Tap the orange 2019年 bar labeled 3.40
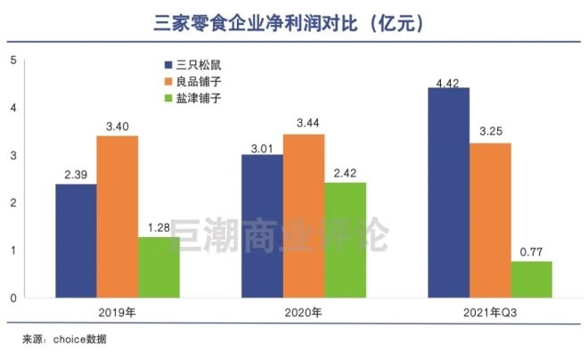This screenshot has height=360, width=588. pyautogui.click(x=118, y=217)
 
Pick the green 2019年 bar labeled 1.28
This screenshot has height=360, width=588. pyautogui.click(x=158, y=266)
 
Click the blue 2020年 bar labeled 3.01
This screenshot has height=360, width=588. pyautogui.click(x=262, y=226)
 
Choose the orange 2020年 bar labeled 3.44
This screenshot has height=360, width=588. pyautogui.click(x=303, y=216)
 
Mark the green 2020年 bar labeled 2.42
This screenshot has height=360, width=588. pyautogui.click(x=345, y=240)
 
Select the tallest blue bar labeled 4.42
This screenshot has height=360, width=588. pyautogui.click(x=448, y=192)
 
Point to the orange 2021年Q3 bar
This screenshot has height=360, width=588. pyautogui.click(x=490, y=220)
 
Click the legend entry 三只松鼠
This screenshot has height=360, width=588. pyautogui.click(x=197, y=64)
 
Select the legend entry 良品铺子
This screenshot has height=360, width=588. pyautogui.click(x=197, y=81)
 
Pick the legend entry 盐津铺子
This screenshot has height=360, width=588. pyautogui.click(x=197, y=98)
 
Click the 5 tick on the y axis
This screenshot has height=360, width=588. pyautogui.click(x=12, y=60)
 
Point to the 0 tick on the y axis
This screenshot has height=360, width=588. pyautogui.click(x=12, y=298)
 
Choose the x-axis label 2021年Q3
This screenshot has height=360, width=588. pyautogui.click(x=490, y=313)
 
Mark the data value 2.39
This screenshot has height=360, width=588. pyautogui.click(x=76, y=173)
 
